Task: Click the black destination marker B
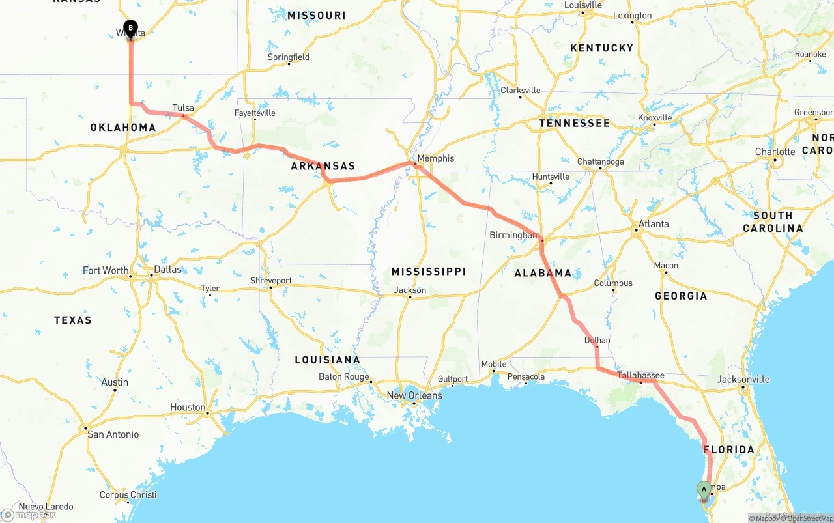click(x=130, y=29)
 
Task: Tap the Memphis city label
click(x=435, y=158)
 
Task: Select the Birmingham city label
click(x=515, y=235)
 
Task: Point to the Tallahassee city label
click(x=640, y=375)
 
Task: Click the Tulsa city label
click(x=183, y=108)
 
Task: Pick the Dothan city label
click(x=597, y=340)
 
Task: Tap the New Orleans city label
click(x=414, y=395)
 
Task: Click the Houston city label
click(x=188, y=407)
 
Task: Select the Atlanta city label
click(x=653, y=224)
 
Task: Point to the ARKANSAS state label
click(x=323, y=166)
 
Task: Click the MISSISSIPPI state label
click(x=428, y=272)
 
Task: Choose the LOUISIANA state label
click(x=327, y=360)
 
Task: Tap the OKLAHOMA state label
click(x=123, y=128)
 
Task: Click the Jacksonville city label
click(x=743, y=379)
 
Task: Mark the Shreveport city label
click(x=271, y=281)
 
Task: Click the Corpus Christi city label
click(x=128, y=494)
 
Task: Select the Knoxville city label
click(x=654, y=118)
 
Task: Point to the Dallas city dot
click(x=152, y=276)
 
